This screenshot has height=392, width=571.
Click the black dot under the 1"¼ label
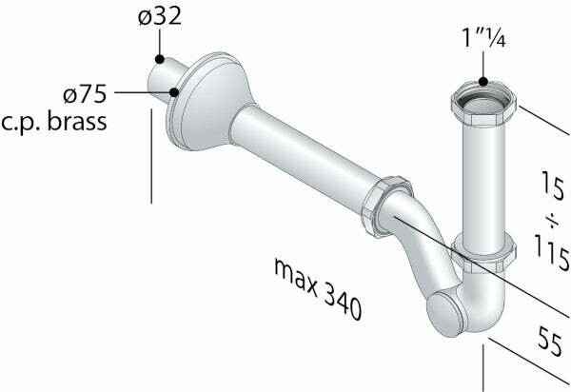[x=482, y=85]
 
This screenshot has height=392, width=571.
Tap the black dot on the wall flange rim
[x=176, y=93]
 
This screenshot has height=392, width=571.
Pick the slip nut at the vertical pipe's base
[x=483, y=253]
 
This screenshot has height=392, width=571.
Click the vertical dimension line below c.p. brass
[x=151, y=157]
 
